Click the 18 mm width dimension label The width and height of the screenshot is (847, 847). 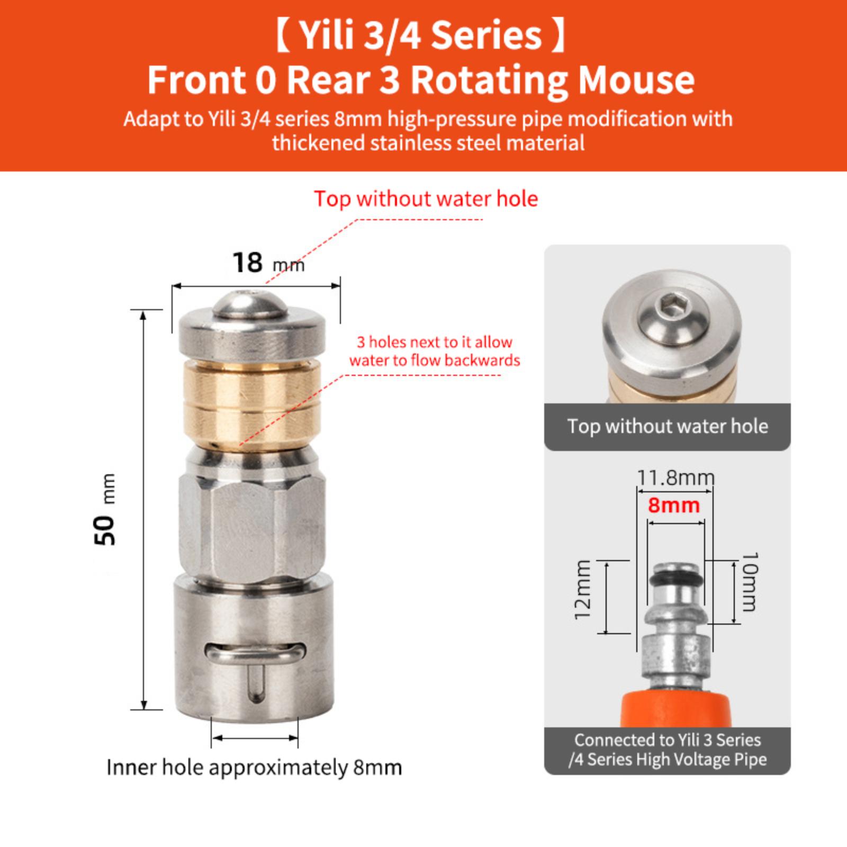point(268,263)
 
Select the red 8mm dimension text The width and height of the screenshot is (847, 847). point(674,506)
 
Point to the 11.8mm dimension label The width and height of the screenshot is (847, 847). point(675,478)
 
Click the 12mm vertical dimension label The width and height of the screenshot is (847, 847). point(582,590)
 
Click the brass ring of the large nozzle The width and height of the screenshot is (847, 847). point(251,403)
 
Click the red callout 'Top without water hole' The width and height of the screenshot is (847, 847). point(426,199)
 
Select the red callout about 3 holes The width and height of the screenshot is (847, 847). point(435,351)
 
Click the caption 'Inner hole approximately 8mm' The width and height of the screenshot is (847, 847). point(254,767)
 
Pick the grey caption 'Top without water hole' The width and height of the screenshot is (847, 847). point(668,426)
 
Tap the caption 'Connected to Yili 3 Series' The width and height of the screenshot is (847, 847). point(668,740)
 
